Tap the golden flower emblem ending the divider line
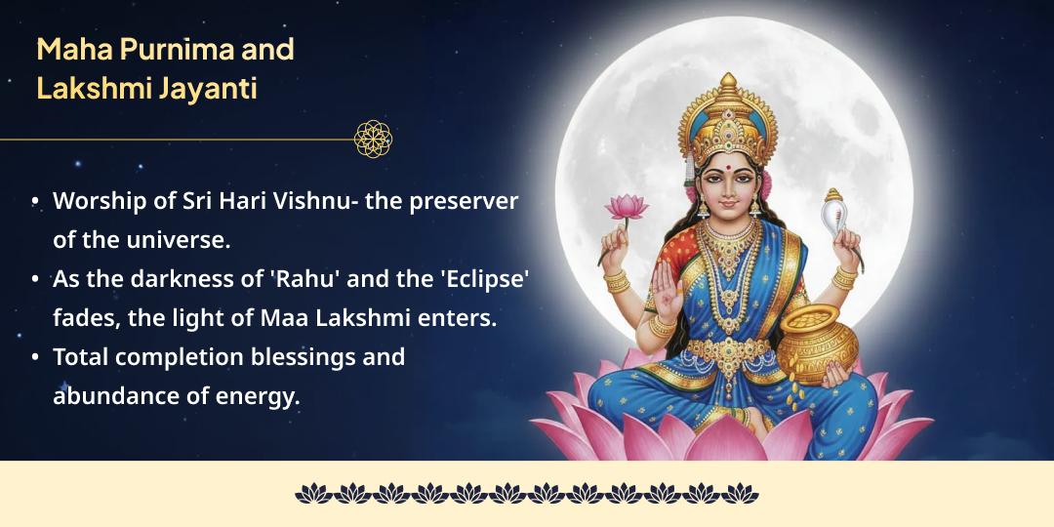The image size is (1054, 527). click(x=373, y=139)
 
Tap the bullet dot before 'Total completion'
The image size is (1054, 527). click(x=36, y=357)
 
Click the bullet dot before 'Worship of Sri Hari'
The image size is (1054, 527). click(x=36, y=201)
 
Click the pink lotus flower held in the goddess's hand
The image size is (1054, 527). click(x=625, y=207)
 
